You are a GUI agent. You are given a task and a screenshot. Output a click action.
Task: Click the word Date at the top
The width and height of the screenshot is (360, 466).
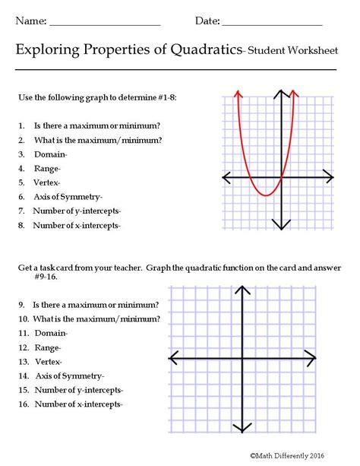(207, 21)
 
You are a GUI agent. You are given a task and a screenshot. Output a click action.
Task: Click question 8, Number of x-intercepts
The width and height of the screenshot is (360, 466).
(77, 225)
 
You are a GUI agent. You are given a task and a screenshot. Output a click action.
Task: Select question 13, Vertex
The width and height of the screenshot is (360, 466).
(47, 361)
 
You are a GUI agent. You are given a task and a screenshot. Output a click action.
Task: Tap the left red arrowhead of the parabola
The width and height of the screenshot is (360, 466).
(238, 94)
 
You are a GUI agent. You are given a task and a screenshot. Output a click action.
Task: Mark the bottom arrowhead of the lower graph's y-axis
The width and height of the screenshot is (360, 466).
(242, 428)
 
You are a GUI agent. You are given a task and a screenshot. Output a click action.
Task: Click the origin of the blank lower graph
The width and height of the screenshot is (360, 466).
(242, 357)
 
